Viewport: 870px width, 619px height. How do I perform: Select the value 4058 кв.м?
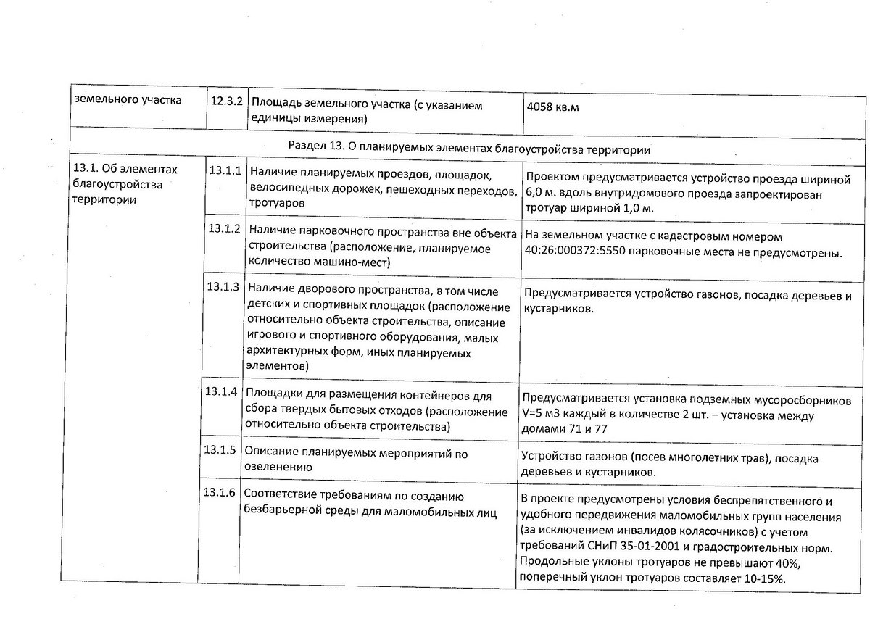(x=556, y=108)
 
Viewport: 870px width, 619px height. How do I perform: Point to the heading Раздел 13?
(x=316, y=149)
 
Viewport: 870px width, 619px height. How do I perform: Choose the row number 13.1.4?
(x=222, y=392)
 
